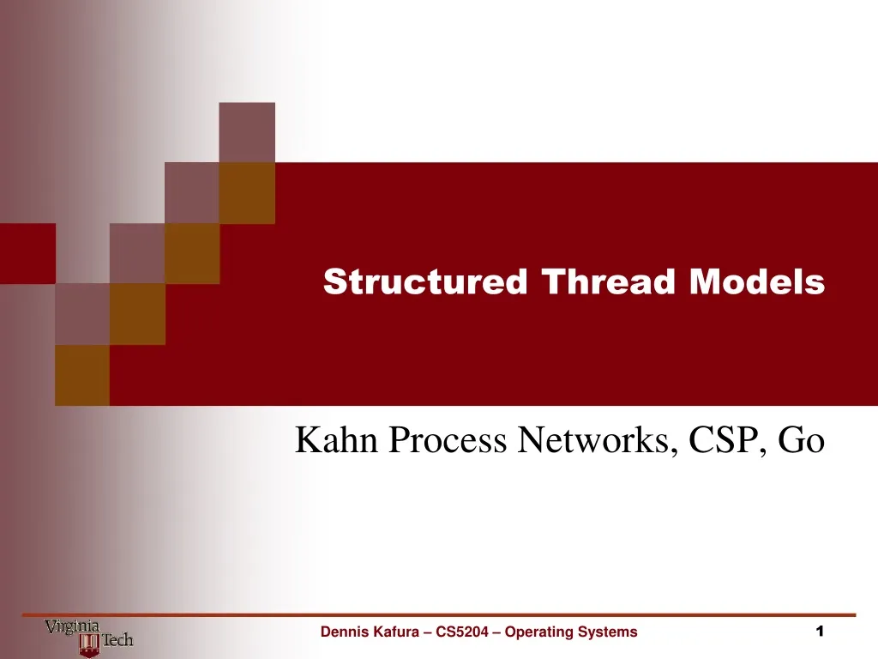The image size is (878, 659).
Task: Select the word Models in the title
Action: point(757,281)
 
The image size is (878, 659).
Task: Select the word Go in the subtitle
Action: point(802,440)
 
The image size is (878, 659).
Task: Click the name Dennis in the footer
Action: point(341,632)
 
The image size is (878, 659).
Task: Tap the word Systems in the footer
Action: point(608,632)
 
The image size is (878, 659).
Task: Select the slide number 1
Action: point(820,632)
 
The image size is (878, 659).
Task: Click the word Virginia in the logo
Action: point(72,626)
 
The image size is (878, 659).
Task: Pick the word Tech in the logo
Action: point(117,640)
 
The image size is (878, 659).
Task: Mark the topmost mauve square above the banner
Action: point(247,132)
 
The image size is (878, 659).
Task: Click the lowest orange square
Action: point(82,375)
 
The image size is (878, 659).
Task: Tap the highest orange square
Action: point(247,193)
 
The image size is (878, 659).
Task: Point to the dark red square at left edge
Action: point(27,253)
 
